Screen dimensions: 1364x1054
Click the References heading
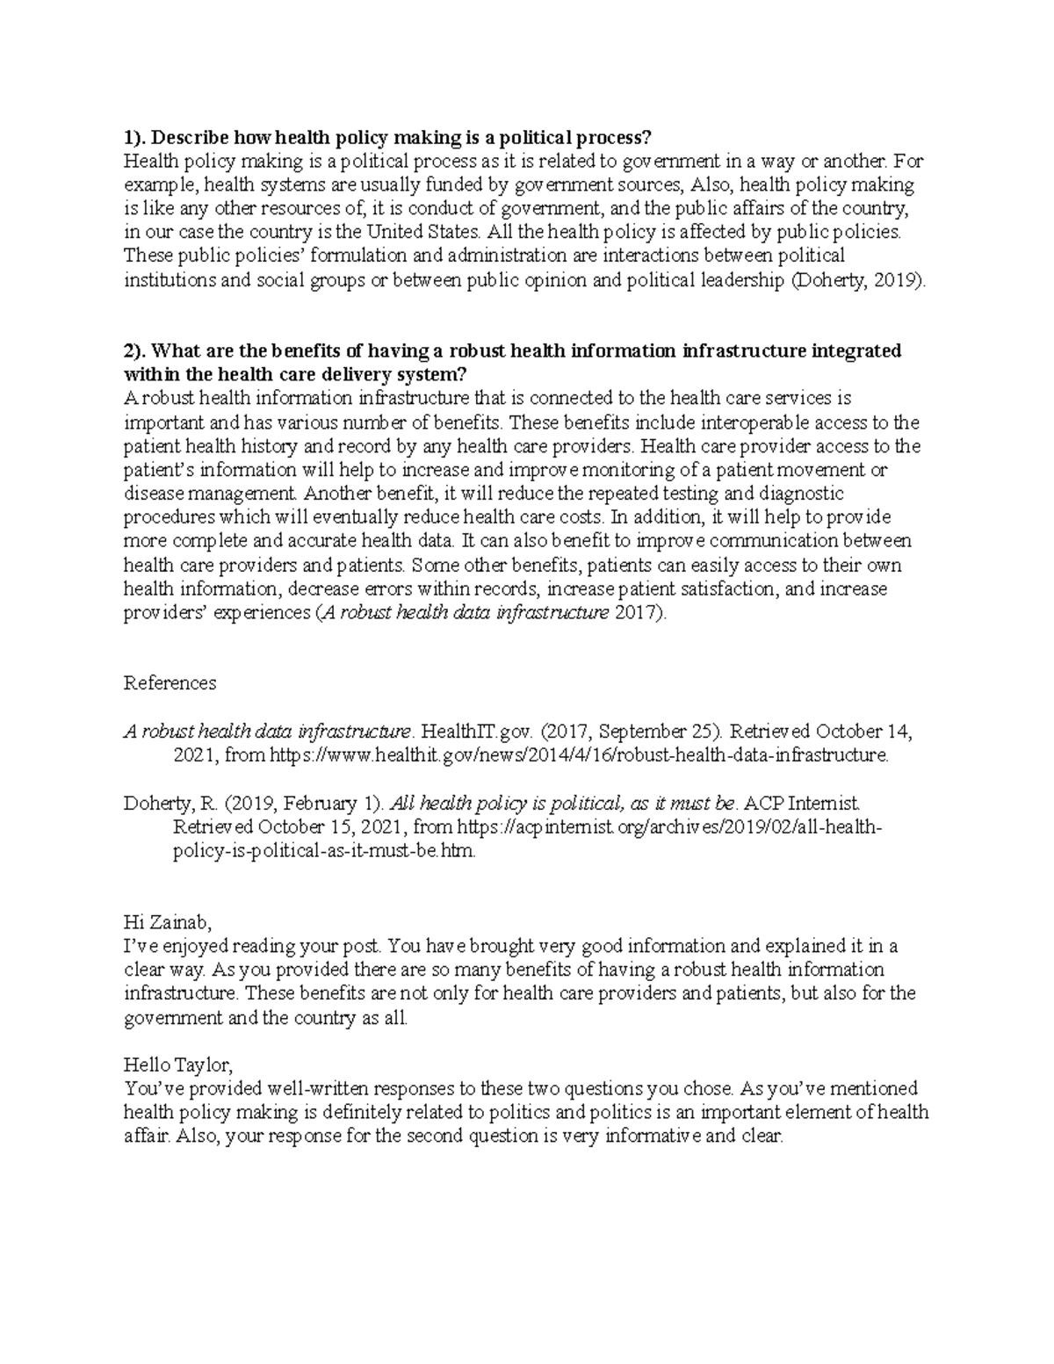(x=170, y=682)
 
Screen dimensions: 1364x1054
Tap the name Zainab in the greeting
(x=179, y=923)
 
